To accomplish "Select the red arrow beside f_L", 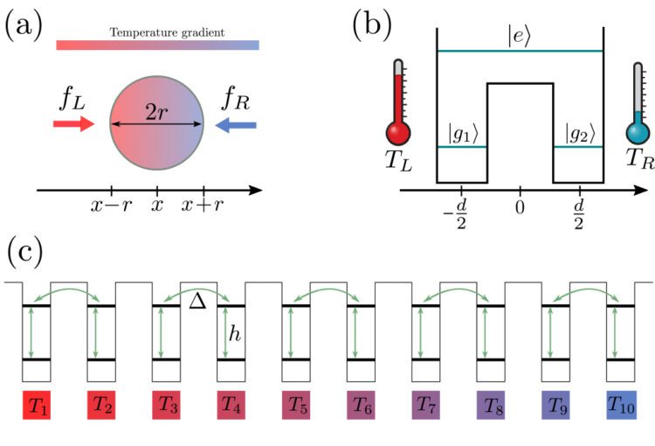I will pos(72,124).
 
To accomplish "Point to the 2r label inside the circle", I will pos(156,114).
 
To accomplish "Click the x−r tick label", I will pos(110,206).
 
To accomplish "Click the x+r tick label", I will pos(203,206).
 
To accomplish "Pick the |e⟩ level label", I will pos(519,38).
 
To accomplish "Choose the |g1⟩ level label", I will pos(462,134).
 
